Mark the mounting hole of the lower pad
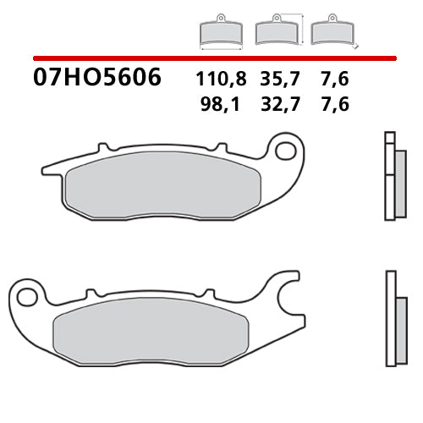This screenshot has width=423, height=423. pyautogui.click(x=28, y=294)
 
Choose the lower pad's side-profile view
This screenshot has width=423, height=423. pyautogui.click(x=391, y=317)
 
